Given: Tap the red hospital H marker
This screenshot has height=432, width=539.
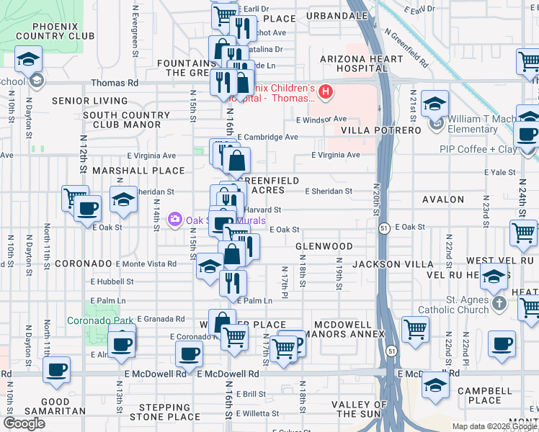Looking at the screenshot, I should coord(326,91).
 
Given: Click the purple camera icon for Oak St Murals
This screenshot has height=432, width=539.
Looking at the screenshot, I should coord(174,219).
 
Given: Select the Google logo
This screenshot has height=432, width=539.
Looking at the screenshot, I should coord(24,423).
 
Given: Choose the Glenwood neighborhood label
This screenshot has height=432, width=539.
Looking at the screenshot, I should coord(324,246).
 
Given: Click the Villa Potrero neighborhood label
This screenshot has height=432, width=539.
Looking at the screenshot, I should coord(380,130).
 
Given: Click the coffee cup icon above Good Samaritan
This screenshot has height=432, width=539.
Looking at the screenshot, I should coord(56,370).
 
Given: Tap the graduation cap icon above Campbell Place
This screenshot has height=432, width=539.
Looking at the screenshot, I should coord(435,385).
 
